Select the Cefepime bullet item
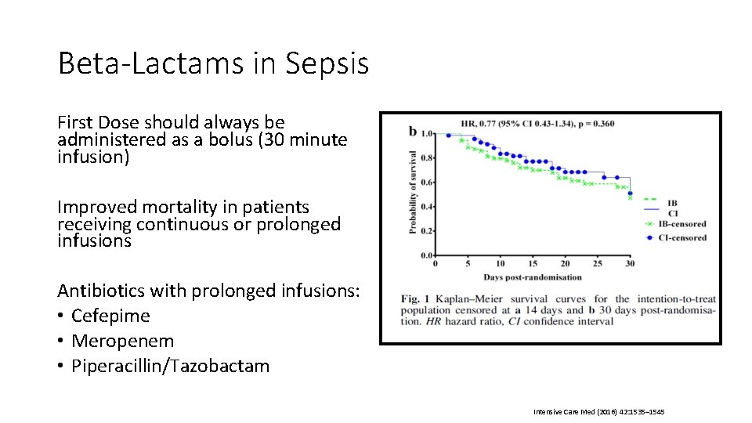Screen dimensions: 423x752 110,316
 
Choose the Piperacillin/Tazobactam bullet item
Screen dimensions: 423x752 170,366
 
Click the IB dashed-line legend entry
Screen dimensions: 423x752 672,202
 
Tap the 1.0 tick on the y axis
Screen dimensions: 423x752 428,134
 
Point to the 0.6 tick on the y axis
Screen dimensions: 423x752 428,183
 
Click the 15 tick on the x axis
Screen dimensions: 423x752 533,264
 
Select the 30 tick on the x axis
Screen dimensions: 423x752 630,264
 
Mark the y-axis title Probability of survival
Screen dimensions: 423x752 412,193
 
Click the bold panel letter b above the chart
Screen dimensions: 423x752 413,131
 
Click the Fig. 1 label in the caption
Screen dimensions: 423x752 417,299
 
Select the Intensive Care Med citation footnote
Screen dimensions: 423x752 598,411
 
